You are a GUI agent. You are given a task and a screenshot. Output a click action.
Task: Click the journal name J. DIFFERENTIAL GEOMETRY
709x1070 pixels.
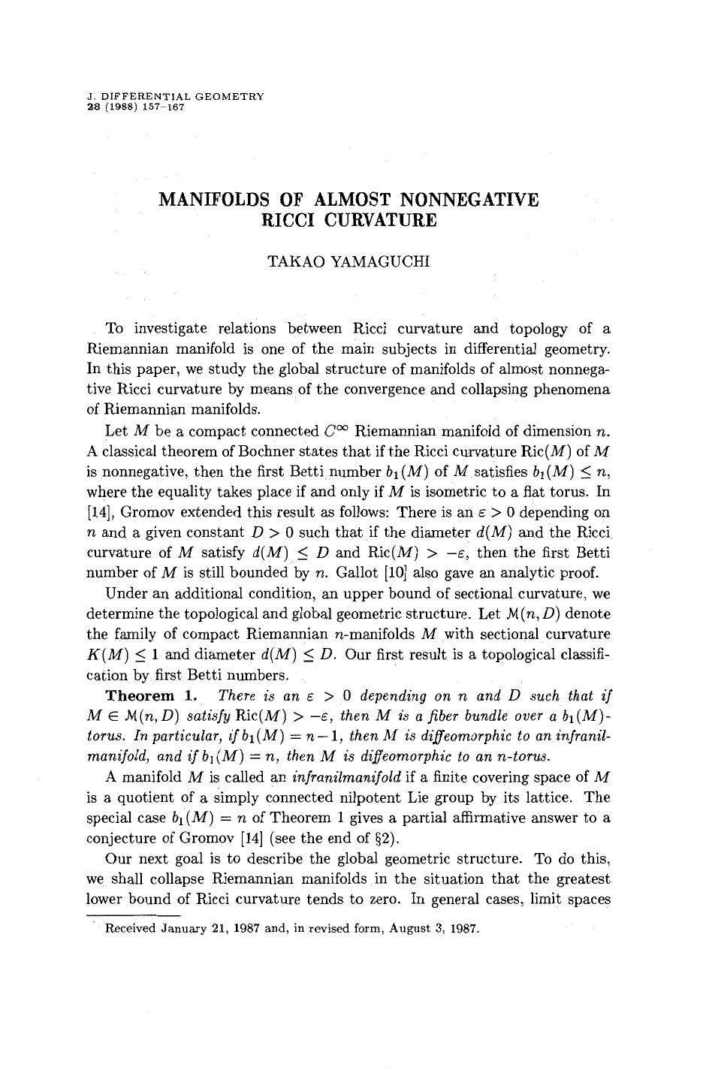(x=176, y=97)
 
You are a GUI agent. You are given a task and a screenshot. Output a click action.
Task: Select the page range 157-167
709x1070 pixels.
(x=162, y=107)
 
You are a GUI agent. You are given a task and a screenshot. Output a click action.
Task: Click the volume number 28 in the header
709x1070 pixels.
(x=94, y=107)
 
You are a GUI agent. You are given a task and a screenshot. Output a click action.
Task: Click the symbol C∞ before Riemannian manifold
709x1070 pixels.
(x=336, y=431)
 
